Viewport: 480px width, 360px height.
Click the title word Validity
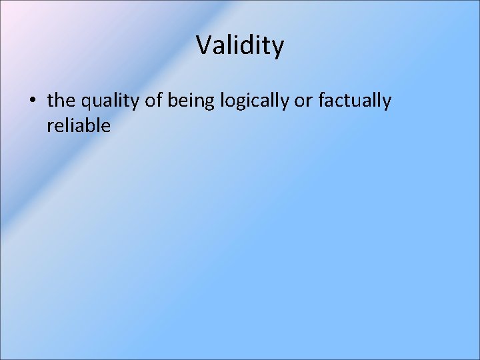coord(240,45)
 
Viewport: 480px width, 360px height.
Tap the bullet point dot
coord(32,101)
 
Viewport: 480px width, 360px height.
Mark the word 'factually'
coord(355,101)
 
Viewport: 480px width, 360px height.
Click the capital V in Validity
coord(203,45)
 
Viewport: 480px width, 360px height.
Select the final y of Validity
coord(277,48)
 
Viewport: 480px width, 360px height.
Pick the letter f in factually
coord(321,100)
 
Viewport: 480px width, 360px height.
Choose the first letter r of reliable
coord(50,125)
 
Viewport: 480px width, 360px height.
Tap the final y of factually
coord(387,103)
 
